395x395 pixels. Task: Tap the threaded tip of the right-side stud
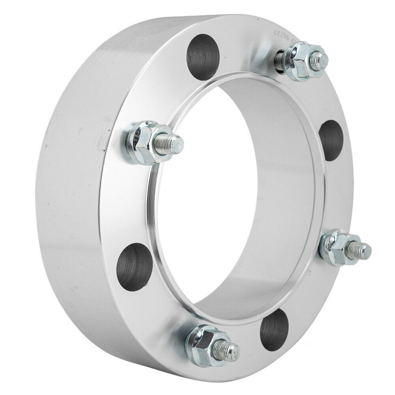point(363,249)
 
